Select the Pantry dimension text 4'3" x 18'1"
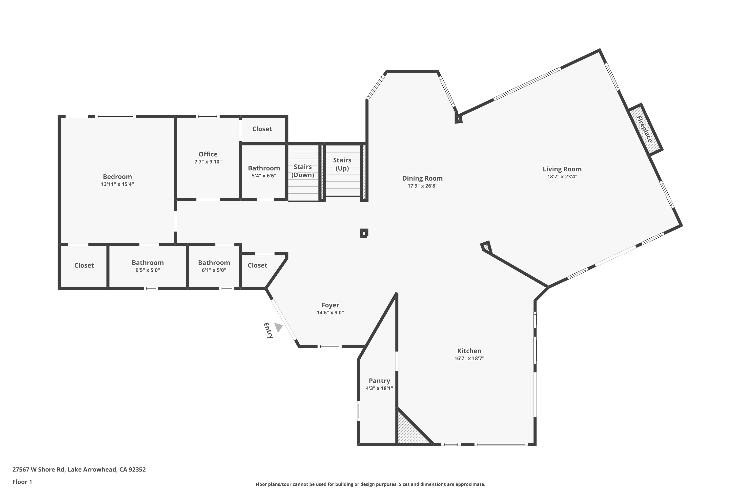click(379, 388)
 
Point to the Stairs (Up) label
click(342, 164)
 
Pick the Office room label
click(208, 154)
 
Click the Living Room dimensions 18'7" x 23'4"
click(562, 176)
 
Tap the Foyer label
click(330, 305)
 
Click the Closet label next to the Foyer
click(257, 265)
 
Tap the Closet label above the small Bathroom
click(262, 129)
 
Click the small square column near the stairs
click(364, 233)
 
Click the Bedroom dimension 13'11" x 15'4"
click(117, 184)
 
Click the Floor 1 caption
click(22, 482)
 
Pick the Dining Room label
click(422, 178)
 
